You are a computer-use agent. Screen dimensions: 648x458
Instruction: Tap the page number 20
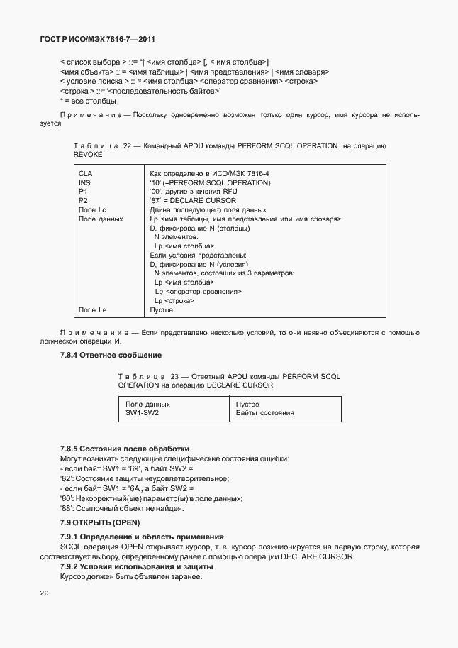point(45,593)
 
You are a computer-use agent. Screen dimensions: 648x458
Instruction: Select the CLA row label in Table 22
point(84,173)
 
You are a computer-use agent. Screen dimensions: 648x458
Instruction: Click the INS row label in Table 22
point(84,182)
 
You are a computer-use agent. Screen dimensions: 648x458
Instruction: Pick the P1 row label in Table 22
point(82,192)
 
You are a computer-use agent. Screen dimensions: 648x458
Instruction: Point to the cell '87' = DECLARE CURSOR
point(193,201)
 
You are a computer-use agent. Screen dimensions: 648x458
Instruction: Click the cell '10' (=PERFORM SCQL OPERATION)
point(210,182)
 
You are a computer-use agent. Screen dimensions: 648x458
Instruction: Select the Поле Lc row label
point(92,210)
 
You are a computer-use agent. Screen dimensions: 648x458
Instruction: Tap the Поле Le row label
point(92,309)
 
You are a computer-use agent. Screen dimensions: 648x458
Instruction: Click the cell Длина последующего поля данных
point(208,210)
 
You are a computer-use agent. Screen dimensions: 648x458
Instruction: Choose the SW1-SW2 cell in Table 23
point(142,412)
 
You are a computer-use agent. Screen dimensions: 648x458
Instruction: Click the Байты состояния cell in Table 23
point(264,412)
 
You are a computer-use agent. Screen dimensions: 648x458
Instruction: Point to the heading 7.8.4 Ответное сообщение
point(111,354)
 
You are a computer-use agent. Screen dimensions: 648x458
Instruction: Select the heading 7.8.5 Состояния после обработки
point(125,449)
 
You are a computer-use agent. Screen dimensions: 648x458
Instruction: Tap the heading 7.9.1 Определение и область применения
point(142,537)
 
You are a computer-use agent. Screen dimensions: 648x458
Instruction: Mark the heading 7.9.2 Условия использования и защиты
point(136,567)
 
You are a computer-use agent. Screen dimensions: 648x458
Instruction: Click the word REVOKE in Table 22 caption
point(88,154)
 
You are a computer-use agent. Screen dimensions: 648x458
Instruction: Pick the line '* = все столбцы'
point(89,101)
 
